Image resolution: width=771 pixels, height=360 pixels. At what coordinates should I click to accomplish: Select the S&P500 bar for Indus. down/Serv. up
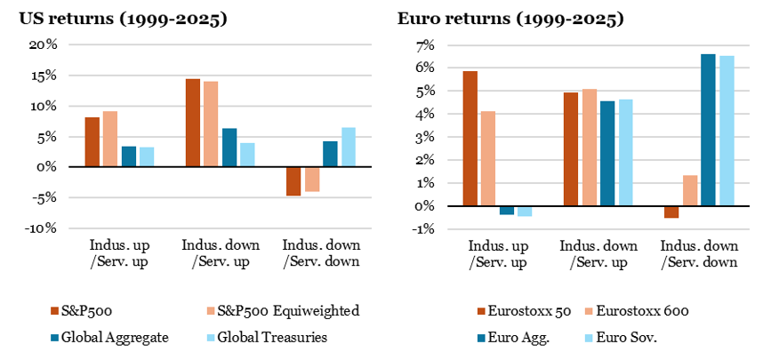click(192, 122)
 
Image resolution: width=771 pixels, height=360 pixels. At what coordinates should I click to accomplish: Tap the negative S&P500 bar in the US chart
click(293, 181)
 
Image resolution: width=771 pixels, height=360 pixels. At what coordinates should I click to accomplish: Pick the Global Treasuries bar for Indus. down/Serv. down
click(348, 147)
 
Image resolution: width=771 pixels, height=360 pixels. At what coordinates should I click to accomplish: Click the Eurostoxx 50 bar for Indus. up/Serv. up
click(470, 138)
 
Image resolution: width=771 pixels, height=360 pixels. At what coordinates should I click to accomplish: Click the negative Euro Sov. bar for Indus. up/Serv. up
click(525, 211)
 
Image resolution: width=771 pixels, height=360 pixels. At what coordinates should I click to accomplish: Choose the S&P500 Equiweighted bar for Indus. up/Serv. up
click(109, 139)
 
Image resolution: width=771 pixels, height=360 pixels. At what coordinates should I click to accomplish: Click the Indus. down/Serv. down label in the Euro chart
click(699, 252)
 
